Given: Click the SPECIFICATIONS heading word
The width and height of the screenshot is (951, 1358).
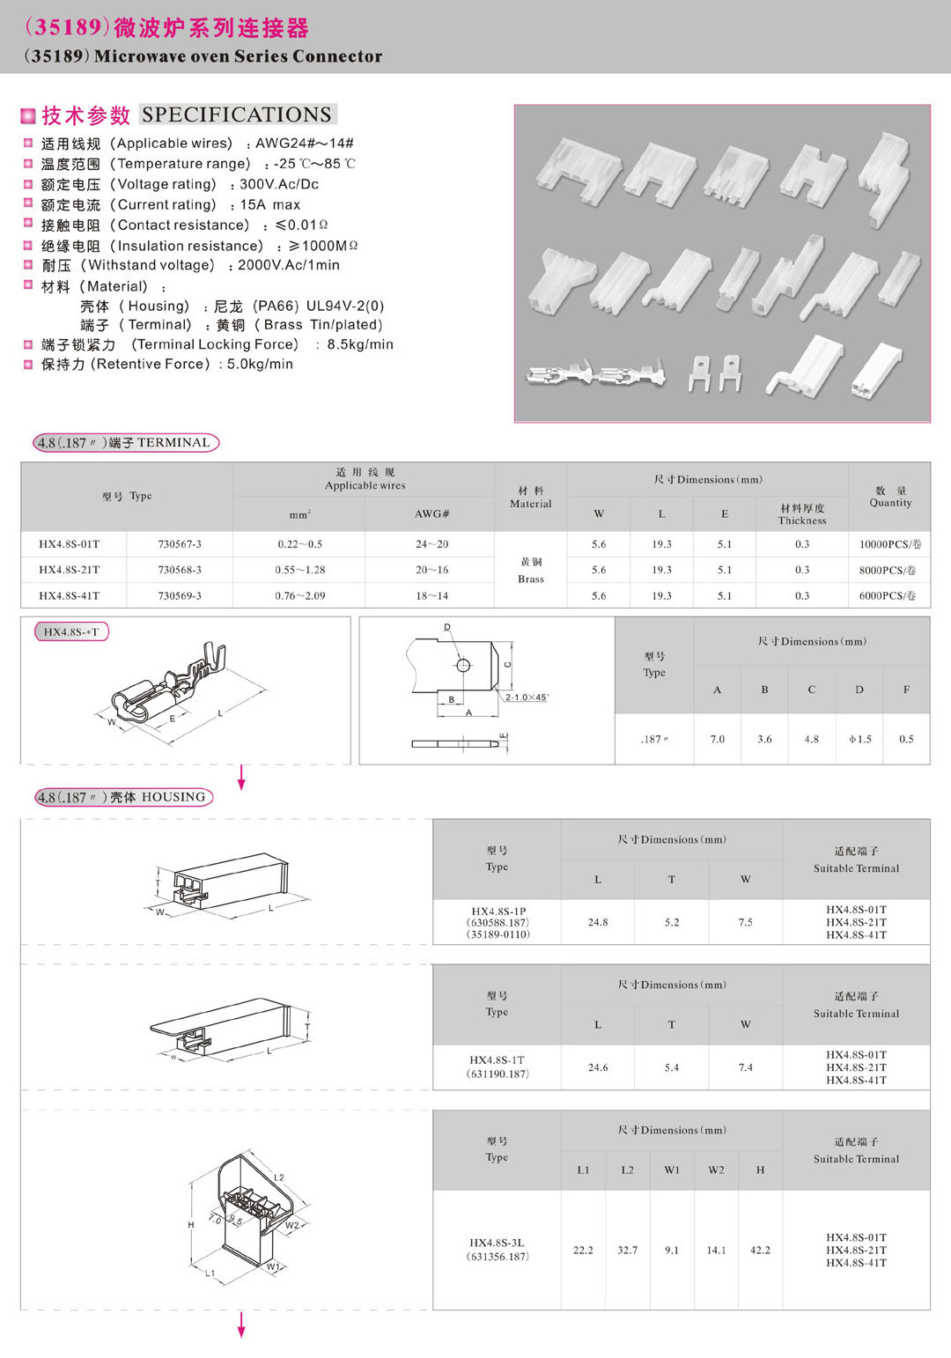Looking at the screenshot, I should (237, 114).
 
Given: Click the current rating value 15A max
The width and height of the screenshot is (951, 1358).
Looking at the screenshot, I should (270, 204).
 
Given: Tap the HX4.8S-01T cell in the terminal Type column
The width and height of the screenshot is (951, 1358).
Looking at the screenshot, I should (70, 544).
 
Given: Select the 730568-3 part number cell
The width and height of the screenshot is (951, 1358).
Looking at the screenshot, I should (180, 570).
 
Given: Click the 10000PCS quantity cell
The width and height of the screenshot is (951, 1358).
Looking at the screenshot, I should (889, 544).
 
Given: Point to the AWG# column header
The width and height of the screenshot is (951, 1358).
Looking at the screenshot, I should (431, 513).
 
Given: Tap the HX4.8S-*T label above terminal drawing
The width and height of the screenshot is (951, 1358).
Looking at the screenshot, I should (71, 631).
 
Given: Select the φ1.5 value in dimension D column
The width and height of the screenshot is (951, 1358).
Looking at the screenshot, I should (859, 739).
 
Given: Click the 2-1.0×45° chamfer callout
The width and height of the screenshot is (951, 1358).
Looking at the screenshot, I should (527, 697).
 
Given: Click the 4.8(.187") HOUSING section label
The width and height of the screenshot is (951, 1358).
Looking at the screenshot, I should (124, 797).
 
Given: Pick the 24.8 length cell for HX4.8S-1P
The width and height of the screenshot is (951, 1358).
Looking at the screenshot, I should (598, 922).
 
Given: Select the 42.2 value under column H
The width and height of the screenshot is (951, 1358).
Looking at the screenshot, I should (760, 1250).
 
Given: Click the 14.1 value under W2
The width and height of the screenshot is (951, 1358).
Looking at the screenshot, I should (716, 1250).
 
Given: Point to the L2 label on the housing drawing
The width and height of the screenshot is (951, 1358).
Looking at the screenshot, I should (279, 1177).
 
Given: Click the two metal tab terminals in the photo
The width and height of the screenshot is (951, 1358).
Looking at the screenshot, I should (714, 372).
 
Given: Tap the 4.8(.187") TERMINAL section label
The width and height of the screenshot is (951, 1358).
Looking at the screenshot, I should (126, 442).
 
